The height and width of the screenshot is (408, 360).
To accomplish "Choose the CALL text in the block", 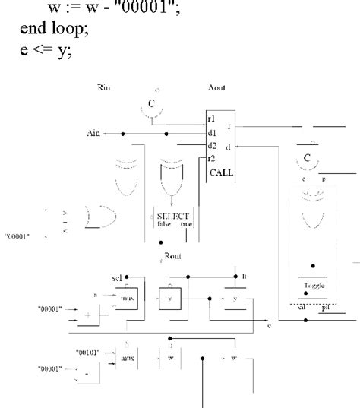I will coord(221,172).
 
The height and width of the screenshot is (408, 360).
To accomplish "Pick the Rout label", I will coord(172,256).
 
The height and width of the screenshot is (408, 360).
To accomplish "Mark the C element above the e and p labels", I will coord(307,159).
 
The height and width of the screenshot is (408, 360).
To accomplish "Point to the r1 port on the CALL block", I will coord(212,119).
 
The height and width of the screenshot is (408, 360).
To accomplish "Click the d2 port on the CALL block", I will coord(213,144).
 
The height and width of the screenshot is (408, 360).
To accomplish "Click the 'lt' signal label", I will coord(245,278).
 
